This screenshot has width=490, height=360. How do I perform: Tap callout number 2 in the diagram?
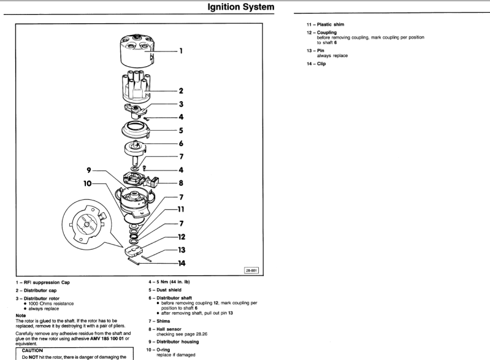181,91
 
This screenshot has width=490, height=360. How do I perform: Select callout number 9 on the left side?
89,169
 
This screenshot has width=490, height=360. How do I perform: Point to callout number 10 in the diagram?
88,182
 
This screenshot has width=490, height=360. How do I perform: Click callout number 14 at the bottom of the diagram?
181,263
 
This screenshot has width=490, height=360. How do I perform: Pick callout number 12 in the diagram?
181,236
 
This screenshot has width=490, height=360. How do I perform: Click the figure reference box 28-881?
251,269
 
